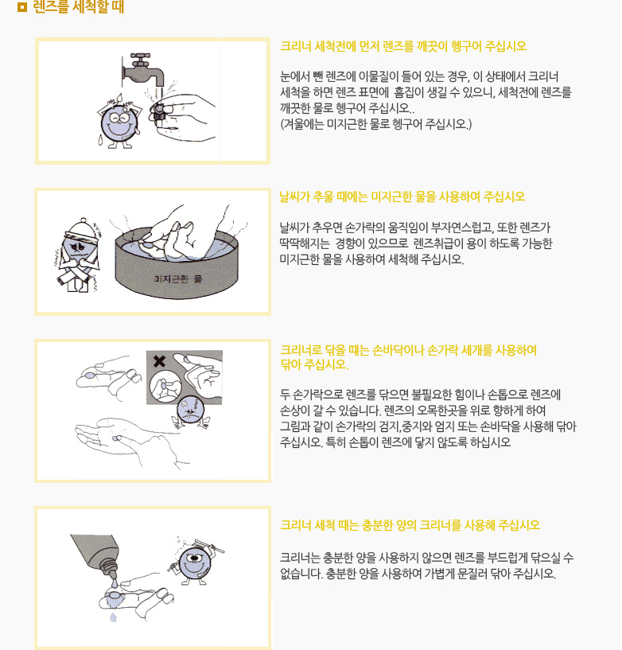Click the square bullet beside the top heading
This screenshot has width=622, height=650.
click(x=22, y=6)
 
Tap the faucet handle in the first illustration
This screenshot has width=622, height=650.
click(x=141, y=57)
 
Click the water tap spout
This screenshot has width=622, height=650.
click(x=145, y=75)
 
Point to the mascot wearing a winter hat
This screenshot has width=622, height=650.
click(x=78, y=255)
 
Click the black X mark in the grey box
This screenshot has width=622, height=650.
click(x=159, y=361)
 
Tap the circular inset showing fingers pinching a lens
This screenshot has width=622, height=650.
click(x=165, y=387)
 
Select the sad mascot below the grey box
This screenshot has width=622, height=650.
click(x=191, y=412)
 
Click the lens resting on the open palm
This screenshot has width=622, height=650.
click(x=115, y=438)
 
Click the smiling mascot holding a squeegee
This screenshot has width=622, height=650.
click(x=195, y=562)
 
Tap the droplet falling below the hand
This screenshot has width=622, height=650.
click(x=113, y=617)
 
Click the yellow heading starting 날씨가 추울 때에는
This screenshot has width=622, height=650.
click(x=402, y=196)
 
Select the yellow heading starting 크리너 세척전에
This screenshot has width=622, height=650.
click(x=403, y=46)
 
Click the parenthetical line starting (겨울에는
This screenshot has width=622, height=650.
click(x=376, y=124)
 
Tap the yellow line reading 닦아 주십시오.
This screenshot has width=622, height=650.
click(x=314, y=364)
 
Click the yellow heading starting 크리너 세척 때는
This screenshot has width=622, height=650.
click(x=410, y=525)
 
